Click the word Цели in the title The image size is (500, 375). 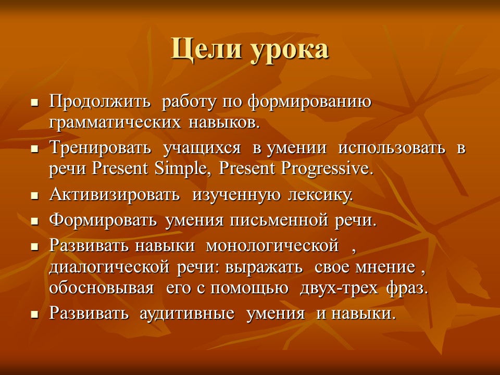(x=200, y=51)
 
